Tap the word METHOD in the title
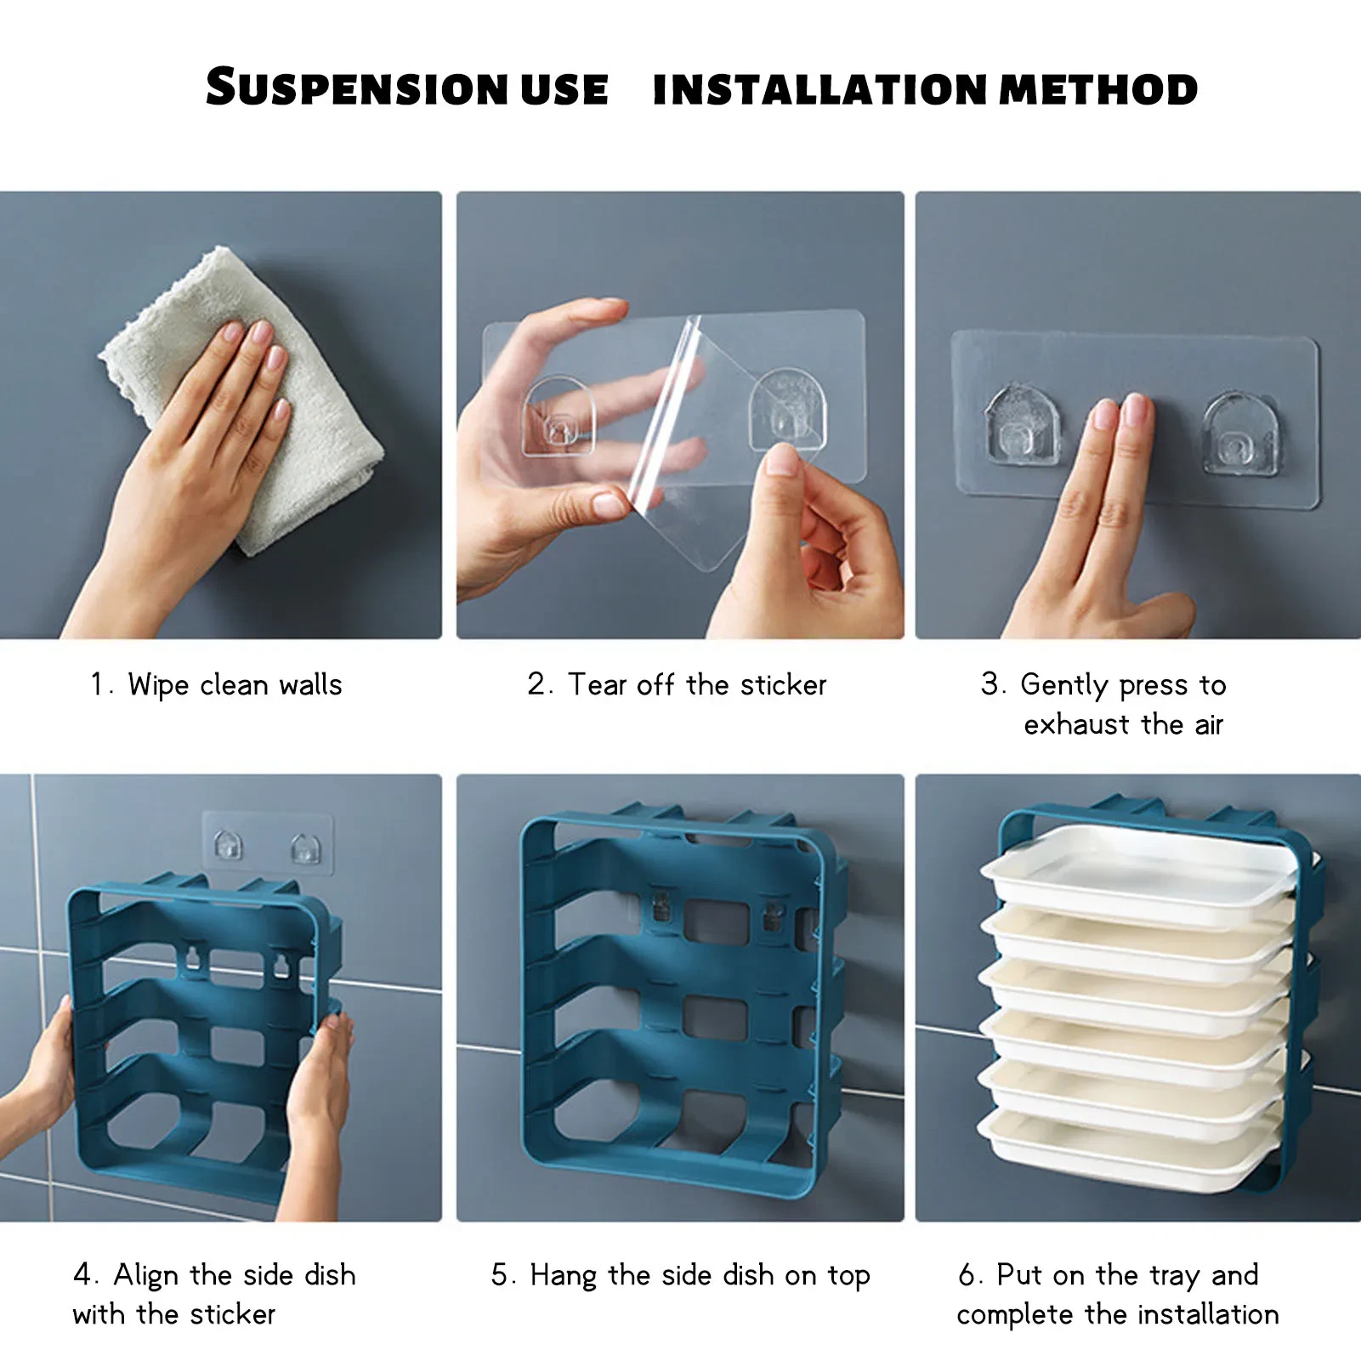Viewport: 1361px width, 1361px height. click(x=1098, y=89)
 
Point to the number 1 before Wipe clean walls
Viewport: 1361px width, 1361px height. click(x=97, y=685)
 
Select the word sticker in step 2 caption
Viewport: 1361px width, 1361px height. click(x=783, y=685)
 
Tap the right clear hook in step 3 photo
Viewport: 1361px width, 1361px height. click(x=1240, y=434)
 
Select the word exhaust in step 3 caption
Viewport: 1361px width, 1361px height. click(x=1077, y=725)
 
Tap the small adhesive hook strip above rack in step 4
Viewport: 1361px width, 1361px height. click(x=267, y=844)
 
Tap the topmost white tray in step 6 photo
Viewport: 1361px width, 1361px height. click(x=1139, y=871)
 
